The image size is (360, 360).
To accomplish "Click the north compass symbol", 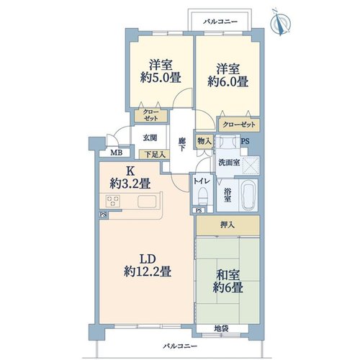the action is [x=280, y=22].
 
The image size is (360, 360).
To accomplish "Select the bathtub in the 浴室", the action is [x=250, y=196].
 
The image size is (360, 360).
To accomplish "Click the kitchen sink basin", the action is [x=147, y=202].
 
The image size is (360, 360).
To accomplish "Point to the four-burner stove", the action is [x=113, y=201].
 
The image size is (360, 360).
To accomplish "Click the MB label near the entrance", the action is [x=117, y=153].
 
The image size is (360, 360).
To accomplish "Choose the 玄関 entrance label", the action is [x=150, y=138].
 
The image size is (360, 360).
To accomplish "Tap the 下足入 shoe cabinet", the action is [x=155, y=154].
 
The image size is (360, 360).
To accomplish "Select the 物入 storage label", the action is [x=204, y=141].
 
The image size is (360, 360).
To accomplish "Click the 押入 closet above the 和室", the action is [x=228, y=225].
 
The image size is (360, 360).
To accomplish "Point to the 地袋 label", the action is [x=221, y=328].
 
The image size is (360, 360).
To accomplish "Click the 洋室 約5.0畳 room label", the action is [x=161, y=71].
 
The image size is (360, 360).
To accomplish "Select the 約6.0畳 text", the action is [x=228, y=81].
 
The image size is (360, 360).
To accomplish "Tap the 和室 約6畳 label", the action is [x=228, y=282].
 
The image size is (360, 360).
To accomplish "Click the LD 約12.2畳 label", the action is [x=148, y=266].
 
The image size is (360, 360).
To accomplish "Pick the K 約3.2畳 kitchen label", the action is [x=130, y=178].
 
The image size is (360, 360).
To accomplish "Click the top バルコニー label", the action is [x=220, y=22].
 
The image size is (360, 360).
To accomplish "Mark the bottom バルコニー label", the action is [x=180, y=346].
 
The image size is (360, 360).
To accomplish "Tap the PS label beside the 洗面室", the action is [x=245, y=141].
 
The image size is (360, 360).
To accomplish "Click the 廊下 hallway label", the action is [x=181, y=144].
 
